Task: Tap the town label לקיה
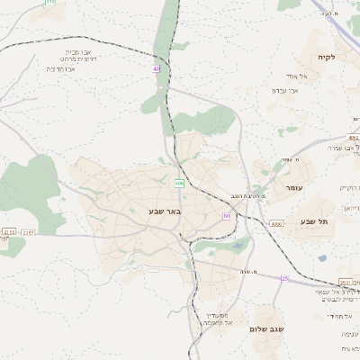pyautogui.click(x=326, y=58)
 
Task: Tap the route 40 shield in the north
pyautogui.click(x=156, y=68)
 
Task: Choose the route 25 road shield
pyautogui.click(x=284, y=278)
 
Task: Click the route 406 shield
pyautogui.click(x=180, y=183)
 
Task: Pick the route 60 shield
pyautogui.click(x=227, y=216)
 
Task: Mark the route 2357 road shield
pyautogui.click(x=29, y=232)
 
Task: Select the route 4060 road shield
pyautogui.click(x=276, y=223)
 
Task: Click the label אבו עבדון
pyautogui.click(x=278, y=90)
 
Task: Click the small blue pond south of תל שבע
pyautogui.click(x=321, y=258)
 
